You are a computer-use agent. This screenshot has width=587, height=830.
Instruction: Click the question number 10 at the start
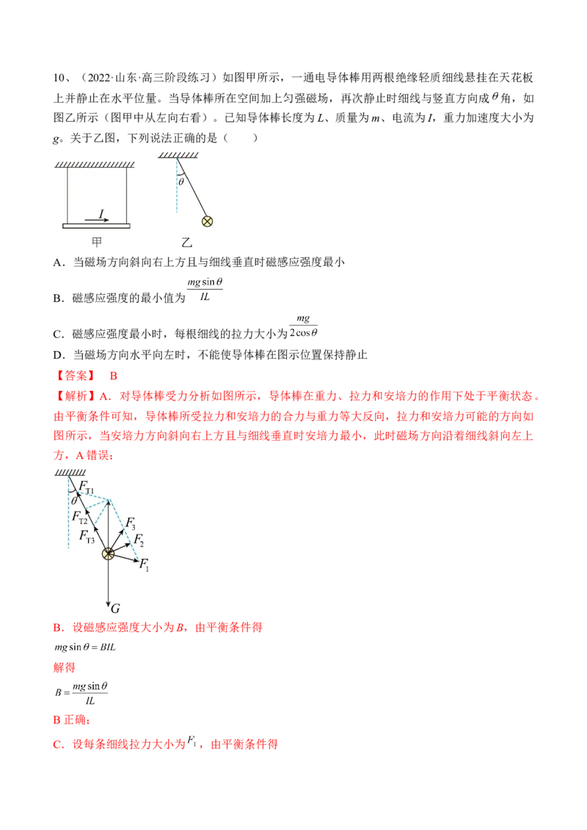[x=58, y=78]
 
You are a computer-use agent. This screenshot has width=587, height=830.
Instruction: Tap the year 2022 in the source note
[x=98, y=78]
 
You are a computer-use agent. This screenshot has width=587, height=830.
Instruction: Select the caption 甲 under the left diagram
[x=96, y=243]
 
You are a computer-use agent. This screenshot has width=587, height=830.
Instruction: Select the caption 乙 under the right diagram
[x=186, y=243]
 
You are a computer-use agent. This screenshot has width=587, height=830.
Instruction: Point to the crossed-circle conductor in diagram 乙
[x=207, y=221]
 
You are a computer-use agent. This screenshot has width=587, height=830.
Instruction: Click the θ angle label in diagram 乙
[x=181, y=182]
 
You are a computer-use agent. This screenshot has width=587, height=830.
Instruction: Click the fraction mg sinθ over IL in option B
[x=205, y=290]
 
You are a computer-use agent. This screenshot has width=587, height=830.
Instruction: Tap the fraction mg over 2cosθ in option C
[x=304, y=326]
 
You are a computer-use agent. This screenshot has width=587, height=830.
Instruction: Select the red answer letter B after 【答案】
[x=114, y=376]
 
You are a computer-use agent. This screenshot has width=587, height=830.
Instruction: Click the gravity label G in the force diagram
[x=115, y=609]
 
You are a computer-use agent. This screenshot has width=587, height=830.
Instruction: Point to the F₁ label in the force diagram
[x=144, y=565]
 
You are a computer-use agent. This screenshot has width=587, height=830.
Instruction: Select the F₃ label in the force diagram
[x=131, y=524]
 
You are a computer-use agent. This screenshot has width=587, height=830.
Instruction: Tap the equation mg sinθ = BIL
[x=85, y=647]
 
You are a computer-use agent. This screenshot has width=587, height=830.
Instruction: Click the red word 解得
[x=64, y=667]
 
